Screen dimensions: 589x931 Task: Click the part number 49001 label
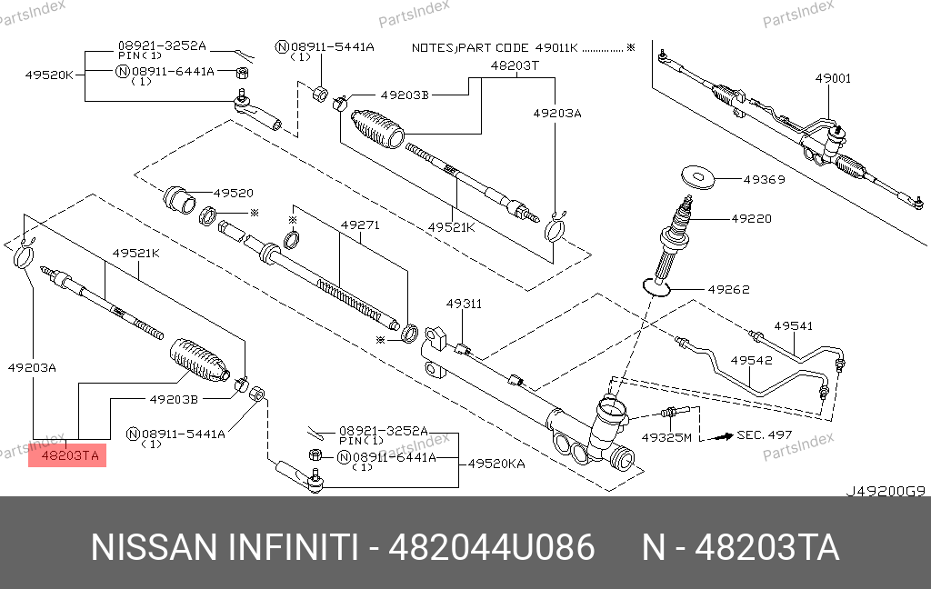[x=833, y=79]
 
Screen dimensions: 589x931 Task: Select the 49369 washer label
[x=764, y=180]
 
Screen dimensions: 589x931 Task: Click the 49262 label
[x=729, y=290]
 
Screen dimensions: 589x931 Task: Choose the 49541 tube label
[x=793, y=325]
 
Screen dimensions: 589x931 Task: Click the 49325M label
[x=666, y=437]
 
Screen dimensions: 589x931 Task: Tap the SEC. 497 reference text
[x=765, y=435]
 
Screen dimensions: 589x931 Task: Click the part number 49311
[x=464, y=304]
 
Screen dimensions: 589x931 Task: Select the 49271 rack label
[x=360, y=224]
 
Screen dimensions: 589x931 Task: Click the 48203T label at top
[x=515, y=65]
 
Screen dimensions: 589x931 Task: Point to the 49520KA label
[x=496, y=464]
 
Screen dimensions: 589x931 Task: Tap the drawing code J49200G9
[x=886, y=491]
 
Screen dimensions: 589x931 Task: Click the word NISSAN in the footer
[x=153, y=548]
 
